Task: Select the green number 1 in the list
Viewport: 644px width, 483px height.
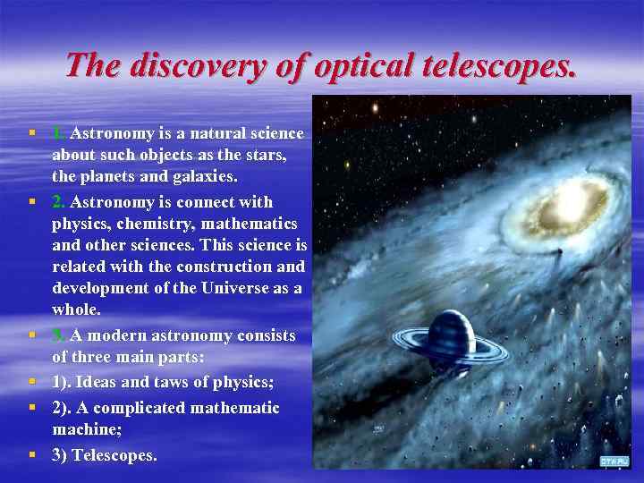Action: pyautogui.click(x=57, y=133)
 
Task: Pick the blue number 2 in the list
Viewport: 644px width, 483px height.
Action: pyautogui.click(x=58, y=201)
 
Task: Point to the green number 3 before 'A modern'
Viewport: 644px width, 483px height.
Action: pyautogui.click(x=57, y=335)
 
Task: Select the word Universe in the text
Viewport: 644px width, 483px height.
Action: pyautogui.click(x=235, y=287)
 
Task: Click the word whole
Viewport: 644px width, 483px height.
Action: pyautogui.click(x=76, y=309)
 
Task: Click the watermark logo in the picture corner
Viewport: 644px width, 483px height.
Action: pyautogui.click(x=614, y=461)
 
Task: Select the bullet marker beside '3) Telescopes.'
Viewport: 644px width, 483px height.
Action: pyautogui.click(x=32, y=454)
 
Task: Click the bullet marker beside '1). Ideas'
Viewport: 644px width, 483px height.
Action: pyautogui.click(x=32, y=382)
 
